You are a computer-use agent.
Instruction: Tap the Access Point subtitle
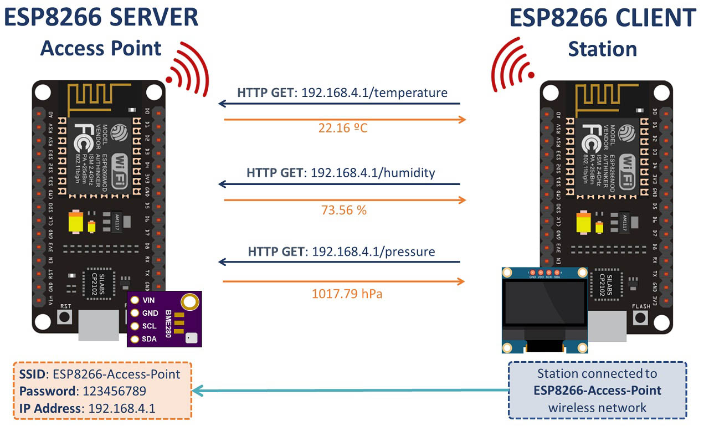(x=101, y=48)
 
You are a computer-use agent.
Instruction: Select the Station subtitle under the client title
(x=602, y=49)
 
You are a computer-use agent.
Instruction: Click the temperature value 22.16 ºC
(x=343, y=129)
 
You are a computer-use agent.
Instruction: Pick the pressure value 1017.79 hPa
(x=347, y=294)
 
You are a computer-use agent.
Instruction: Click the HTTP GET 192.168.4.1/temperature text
(x=342, y=93)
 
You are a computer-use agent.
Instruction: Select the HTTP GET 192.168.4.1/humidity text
(x=341, y=173)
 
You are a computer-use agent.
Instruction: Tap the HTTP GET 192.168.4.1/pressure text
(x=341, y=252)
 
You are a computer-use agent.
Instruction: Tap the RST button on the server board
(x=65, y=317)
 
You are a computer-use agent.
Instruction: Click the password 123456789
(x=114, y=391)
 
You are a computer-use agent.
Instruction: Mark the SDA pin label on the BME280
(x=149, y=339)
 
